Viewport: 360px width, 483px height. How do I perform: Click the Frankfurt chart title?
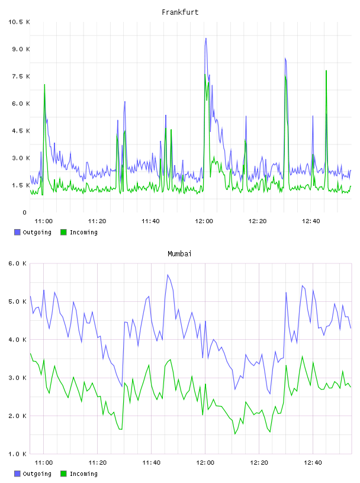click(180, 12)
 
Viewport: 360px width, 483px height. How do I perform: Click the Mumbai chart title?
click(179, 253)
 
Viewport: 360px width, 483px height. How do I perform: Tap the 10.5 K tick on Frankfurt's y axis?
click(19, 22)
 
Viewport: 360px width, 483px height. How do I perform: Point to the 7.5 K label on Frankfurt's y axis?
click(21, 76)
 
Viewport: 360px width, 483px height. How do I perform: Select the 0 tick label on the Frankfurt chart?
click(24, 212)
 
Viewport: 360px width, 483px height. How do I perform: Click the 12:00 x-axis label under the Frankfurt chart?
click(204, 221)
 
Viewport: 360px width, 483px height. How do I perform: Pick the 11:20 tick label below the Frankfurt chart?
click(97, 221)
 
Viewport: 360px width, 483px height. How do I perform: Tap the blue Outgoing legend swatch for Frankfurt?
click(17, 232)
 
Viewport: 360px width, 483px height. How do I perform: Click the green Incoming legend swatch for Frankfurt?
click(63, 232)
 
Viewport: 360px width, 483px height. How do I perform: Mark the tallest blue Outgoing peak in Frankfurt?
click(206, 38)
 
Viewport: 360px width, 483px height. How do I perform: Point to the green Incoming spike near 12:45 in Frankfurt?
click(326, 71)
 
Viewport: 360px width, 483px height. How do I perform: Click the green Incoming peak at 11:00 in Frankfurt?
click(44, 85)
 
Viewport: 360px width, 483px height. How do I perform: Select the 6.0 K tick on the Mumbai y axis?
click(17, 263)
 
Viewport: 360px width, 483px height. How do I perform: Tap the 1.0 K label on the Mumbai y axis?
click(17, 454)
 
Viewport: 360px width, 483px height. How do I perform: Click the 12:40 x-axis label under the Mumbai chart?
click(313, 462)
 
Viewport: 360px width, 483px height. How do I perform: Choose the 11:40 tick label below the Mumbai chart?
click(151, 462)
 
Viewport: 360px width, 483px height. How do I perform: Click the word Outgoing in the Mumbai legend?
click(37, 474)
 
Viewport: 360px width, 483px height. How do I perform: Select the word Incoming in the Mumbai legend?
click(83, 474)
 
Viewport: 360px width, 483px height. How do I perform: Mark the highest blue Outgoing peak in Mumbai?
click(168, 275)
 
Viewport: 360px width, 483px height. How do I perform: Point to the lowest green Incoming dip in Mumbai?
click(235, 434)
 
